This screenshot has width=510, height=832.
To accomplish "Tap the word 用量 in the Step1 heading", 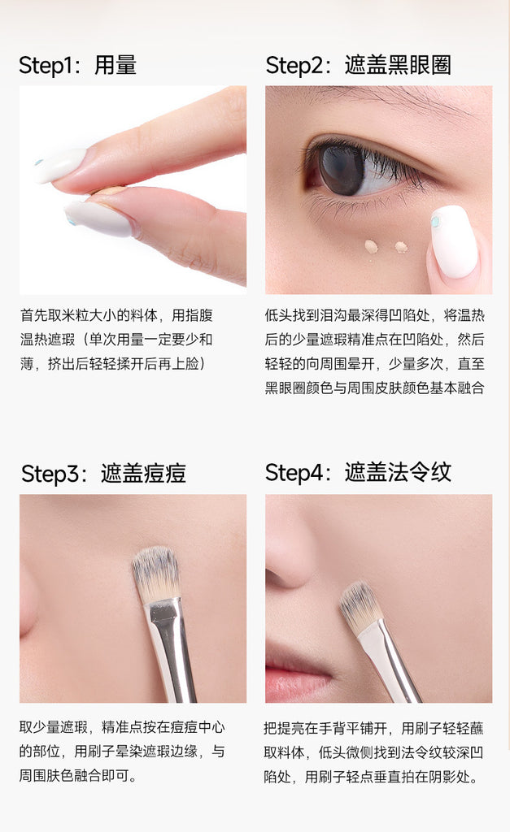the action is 116,65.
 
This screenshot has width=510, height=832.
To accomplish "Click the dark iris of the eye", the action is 341,170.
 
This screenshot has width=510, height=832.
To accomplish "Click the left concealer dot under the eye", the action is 372,245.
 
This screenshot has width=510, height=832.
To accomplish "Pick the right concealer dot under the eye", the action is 400,246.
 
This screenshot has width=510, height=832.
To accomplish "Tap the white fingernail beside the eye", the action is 452,241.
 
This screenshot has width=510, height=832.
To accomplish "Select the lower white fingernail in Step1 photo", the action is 98,218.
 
